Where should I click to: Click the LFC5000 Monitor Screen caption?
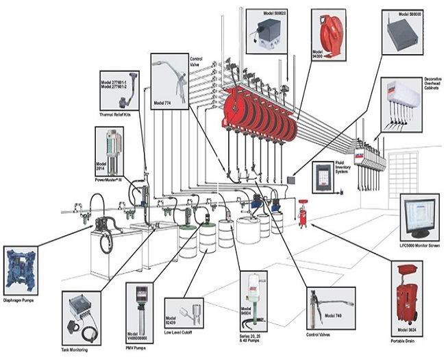pos(419,245)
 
